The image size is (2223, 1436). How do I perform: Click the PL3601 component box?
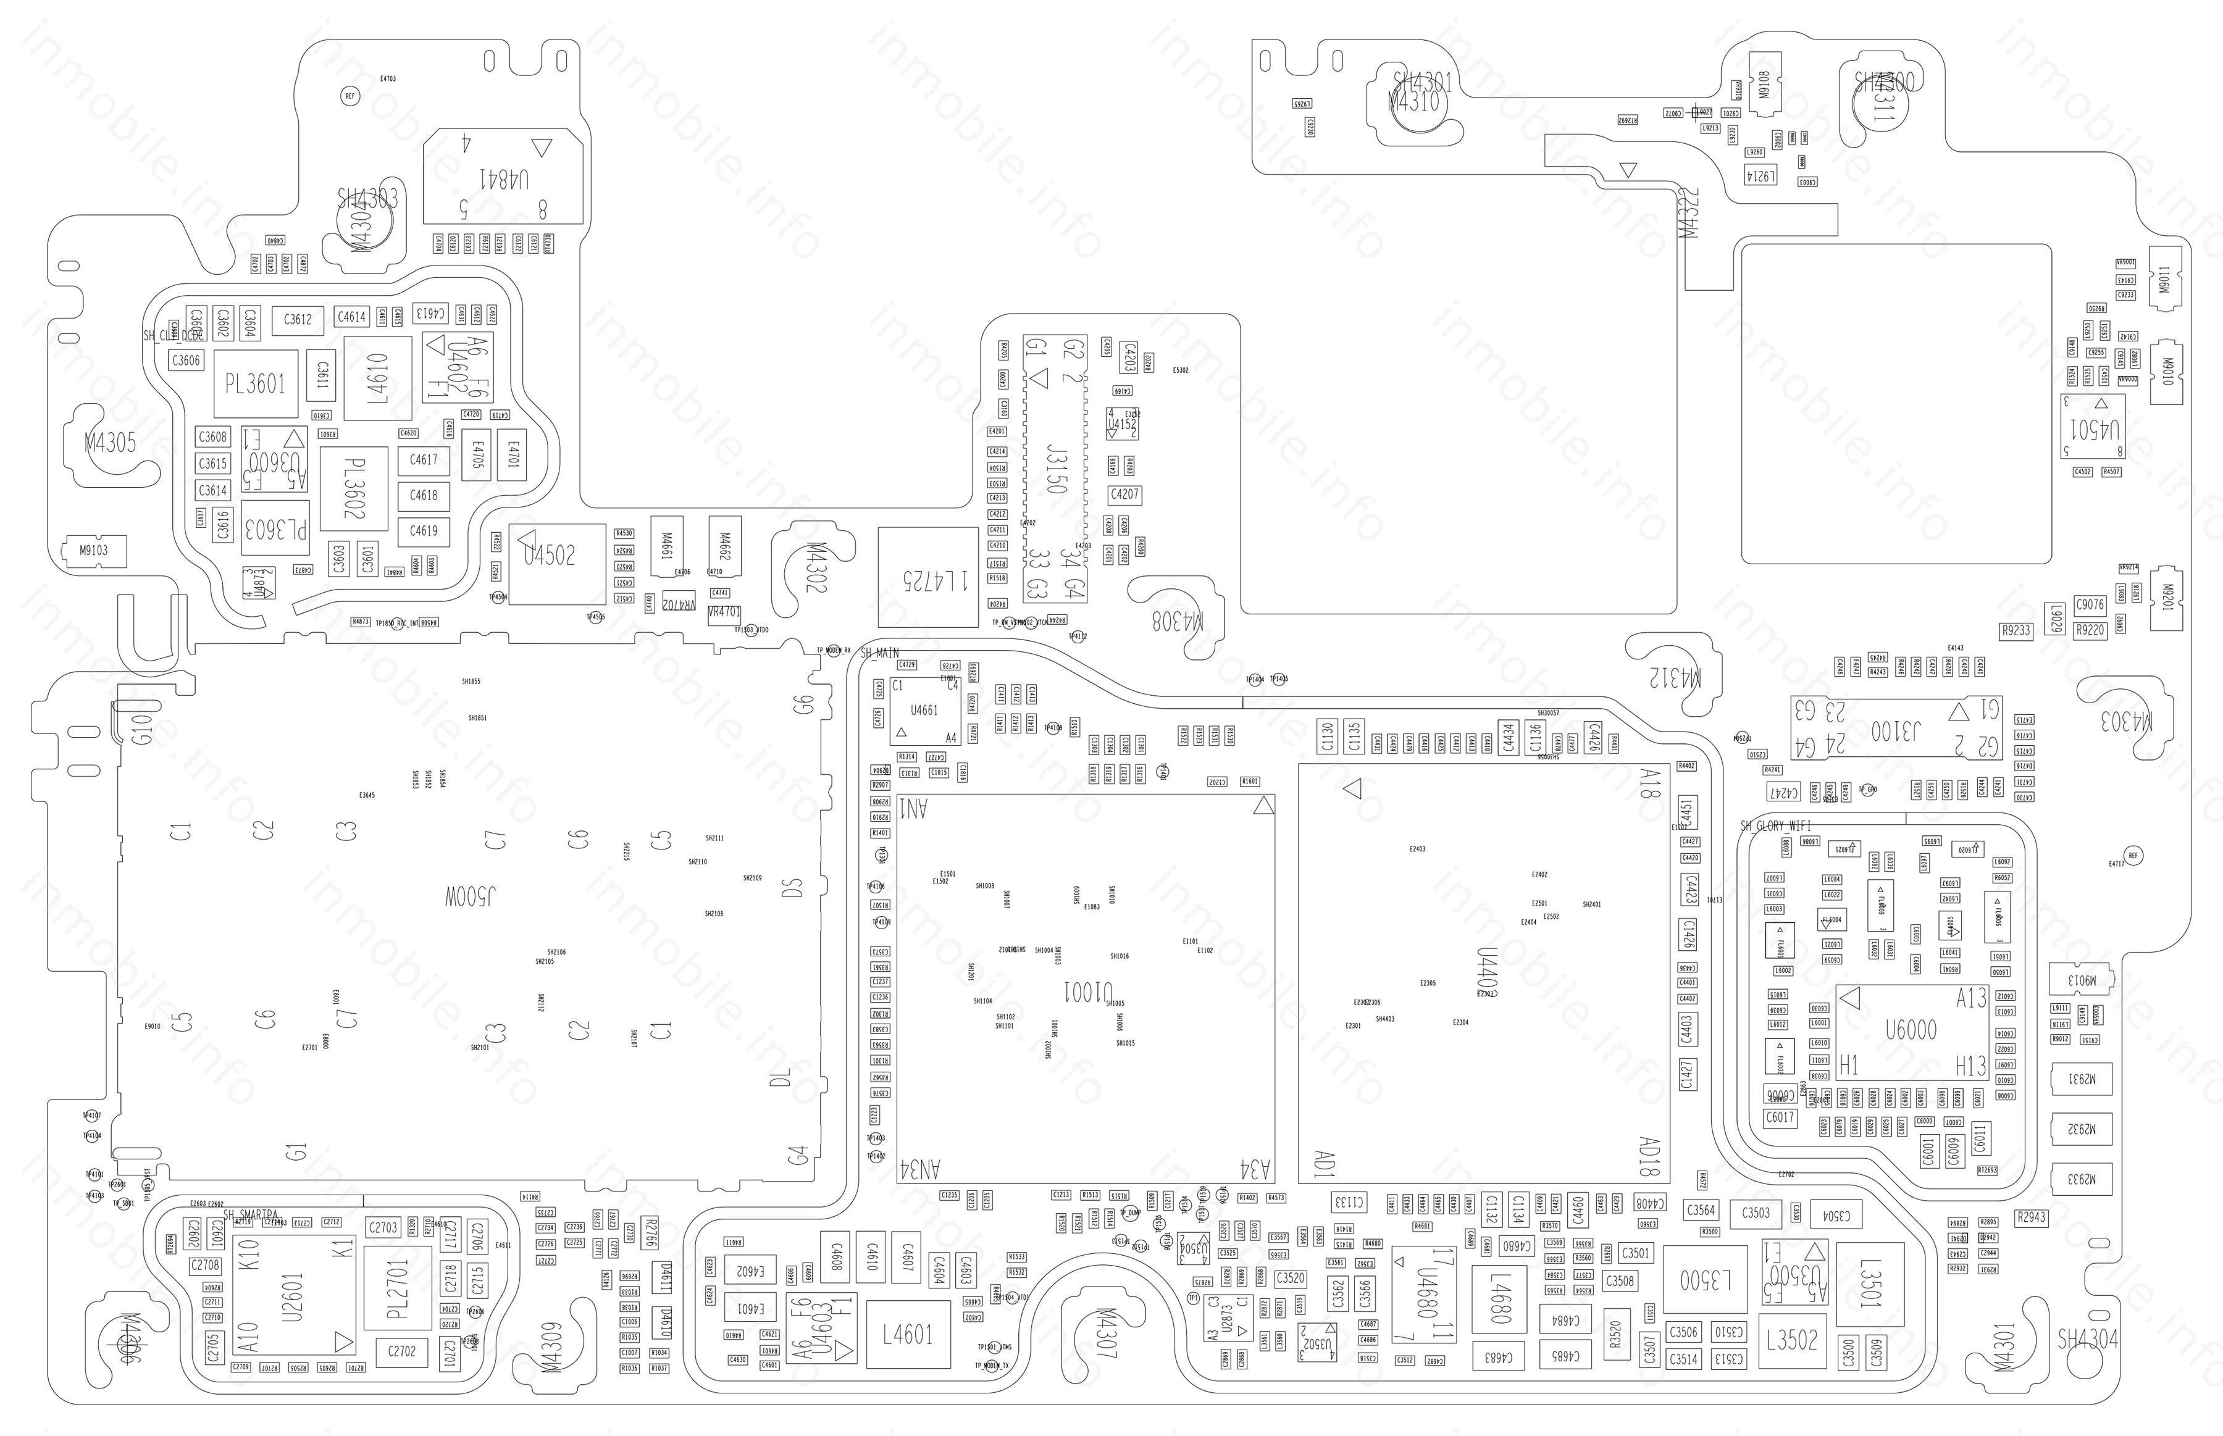click(x=256, y=383)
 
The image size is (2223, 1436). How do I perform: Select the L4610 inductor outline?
click(x=378, y=378)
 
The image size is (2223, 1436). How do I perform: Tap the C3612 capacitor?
click(x=298, y=320)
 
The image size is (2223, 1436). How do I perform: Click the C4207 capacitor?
click(x=1124, y=495)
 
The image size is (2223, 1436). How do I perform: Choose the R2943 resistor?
click(x=2031, y=1217)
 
